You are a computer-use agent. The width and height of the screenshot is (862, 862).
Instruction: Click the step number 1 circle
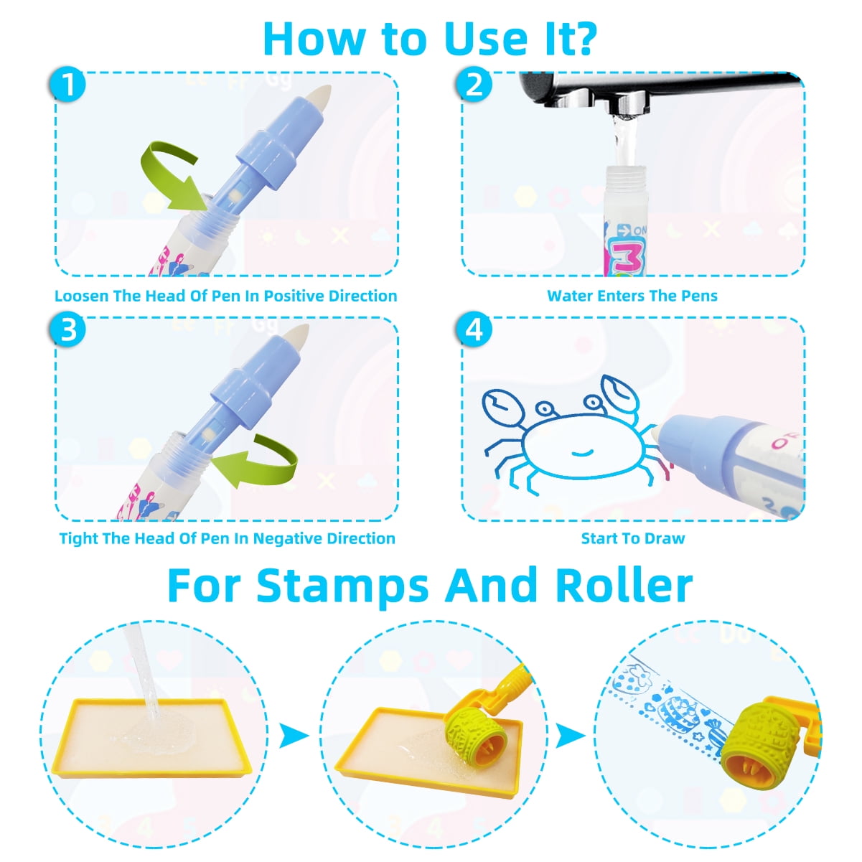tap(67, 84)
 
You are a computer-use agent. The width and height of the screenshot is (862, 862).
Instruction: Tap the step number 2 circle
tap(474, 84)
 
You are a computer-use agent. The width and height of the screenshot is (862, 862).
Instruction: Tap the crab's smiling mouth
tap(582, 453)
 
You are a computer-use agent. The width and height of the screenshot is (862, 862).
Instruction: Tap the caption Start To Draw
tap(632, 538)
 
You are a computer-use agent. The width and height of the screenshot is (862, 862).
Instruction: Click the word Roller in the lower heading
tap(624, 586)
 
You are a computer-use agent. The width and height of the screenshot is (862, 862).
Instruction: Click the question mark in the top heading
tap(581, 39)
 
